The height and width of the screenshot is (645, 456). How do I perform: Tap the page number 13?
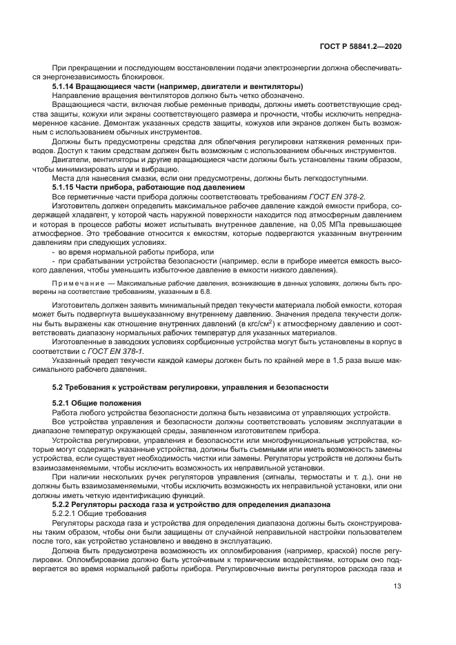point(397,588)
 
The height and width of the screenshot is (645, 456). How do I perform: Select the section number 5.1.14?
point(65,86)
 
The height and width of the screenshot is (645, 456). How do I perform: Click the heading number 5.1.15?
point(65,187)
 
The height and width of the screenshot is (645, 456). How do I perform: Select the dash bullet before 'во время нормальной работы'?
point(54,252)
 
